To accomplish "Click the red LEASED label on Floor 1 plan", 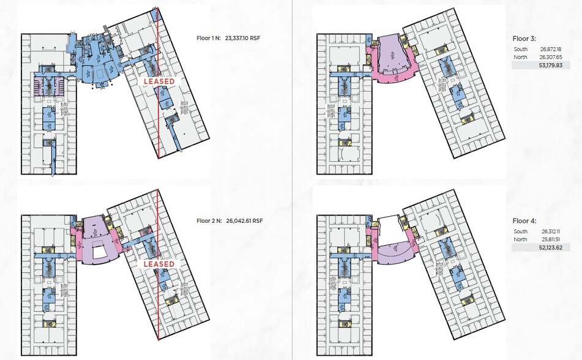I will (x=159, y=81).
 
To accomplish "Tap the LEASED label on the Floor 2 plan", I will (x=159, y=264).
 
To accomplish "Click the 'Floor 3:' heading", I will (x=525, y=37).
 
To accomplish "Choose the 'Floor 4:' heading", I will (x=525, y=220).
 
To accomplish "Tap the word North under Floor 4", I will (x=520, y=239).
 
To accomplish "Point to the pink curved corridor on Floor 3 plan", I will (x=392, y=80).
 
